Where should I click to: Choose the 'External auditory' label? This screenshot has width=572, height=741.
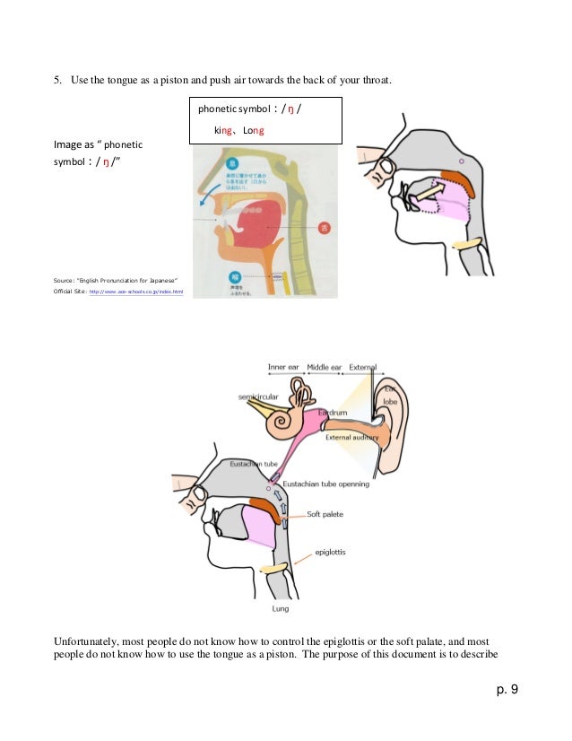click(351, 438)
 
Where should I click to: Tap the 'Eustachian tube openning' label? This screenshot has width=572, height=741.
click(326, 484)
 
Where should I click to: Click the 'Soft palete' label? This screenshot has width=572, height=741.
click(326, 514)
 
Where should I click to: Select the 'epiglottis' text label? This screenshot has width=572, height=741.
click(333, 554)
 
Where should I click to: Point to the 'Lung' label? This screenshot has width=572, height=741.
click(280, 608)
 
